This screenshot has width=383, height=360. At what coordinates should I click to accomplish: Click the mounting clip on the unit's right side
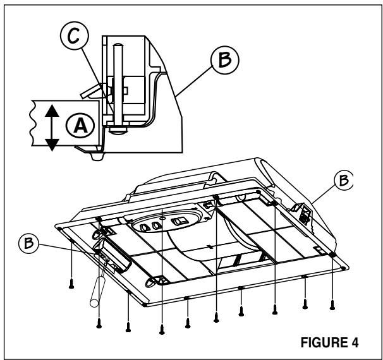click(302, 213)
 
